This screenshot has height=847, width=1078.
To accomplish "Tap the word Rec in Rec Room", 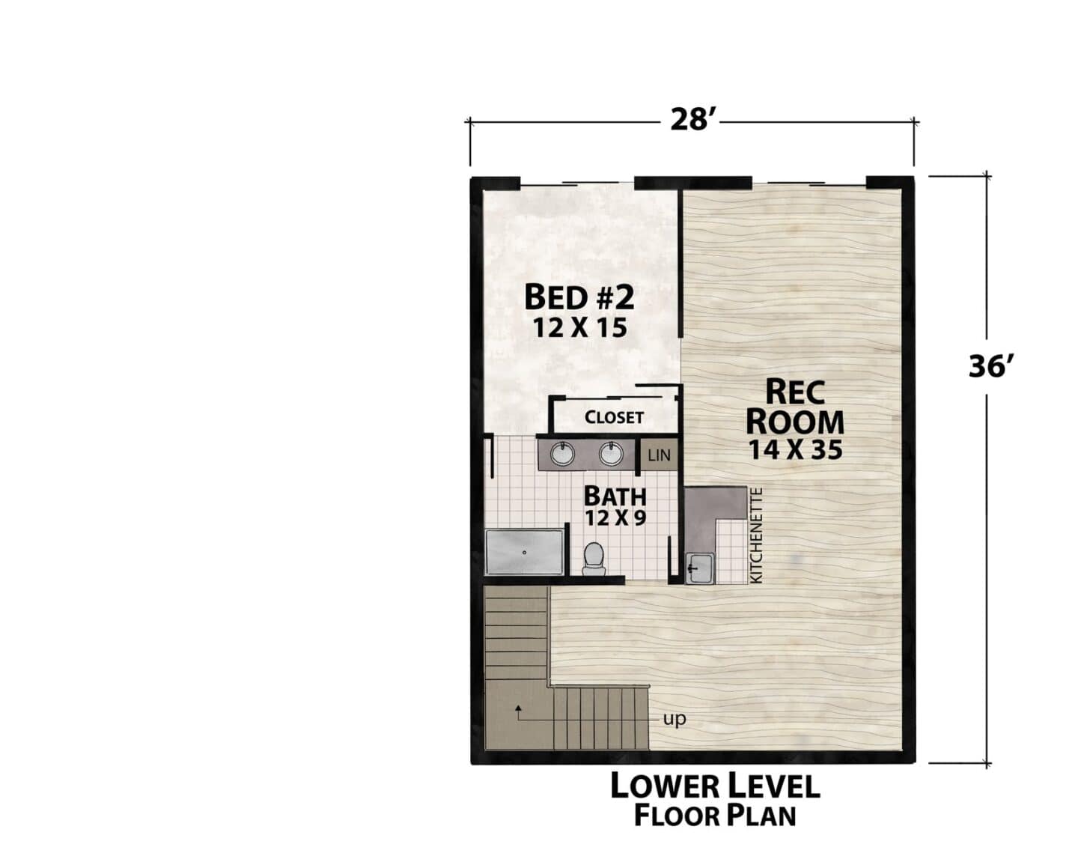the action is pos(795,392).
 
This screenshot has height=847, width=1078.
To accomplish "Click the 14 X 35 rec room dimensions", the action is pos(795,450).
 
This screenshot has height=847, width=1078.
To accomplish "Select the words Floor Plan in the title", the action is pos(716,816).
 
